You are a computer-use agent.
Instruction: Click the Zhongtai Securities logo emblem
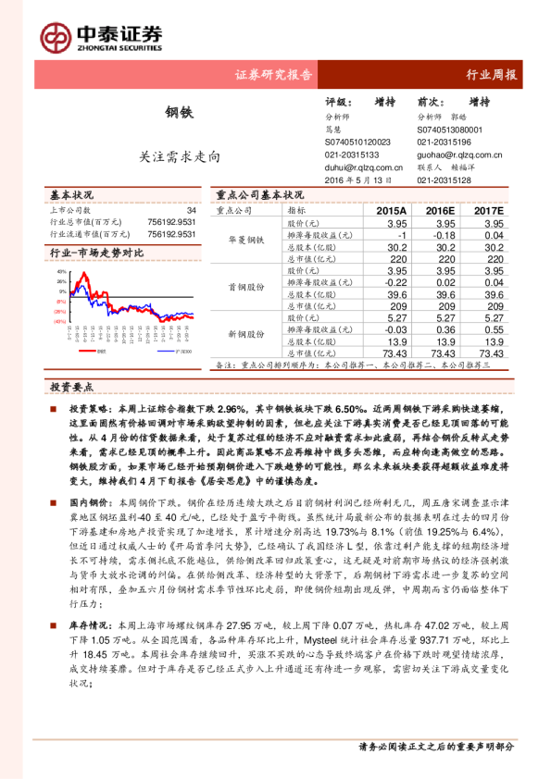(55, 35)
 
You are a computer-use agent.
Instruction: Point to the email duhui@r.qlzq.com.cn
(364, 168)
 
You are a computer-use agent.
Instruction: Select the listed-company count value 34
(191, 212)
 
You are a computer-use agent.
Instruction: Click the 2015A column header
(391, 211)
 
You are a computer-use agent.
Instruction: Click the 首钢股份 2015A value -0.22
(394, 282)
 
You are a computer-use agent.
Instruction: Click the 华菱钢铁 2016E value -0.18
(445, 236)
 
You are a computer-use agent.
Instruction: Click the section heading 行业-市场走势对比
(96, 252)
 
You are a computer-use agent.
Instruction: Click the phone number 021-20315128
(444, 180)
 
